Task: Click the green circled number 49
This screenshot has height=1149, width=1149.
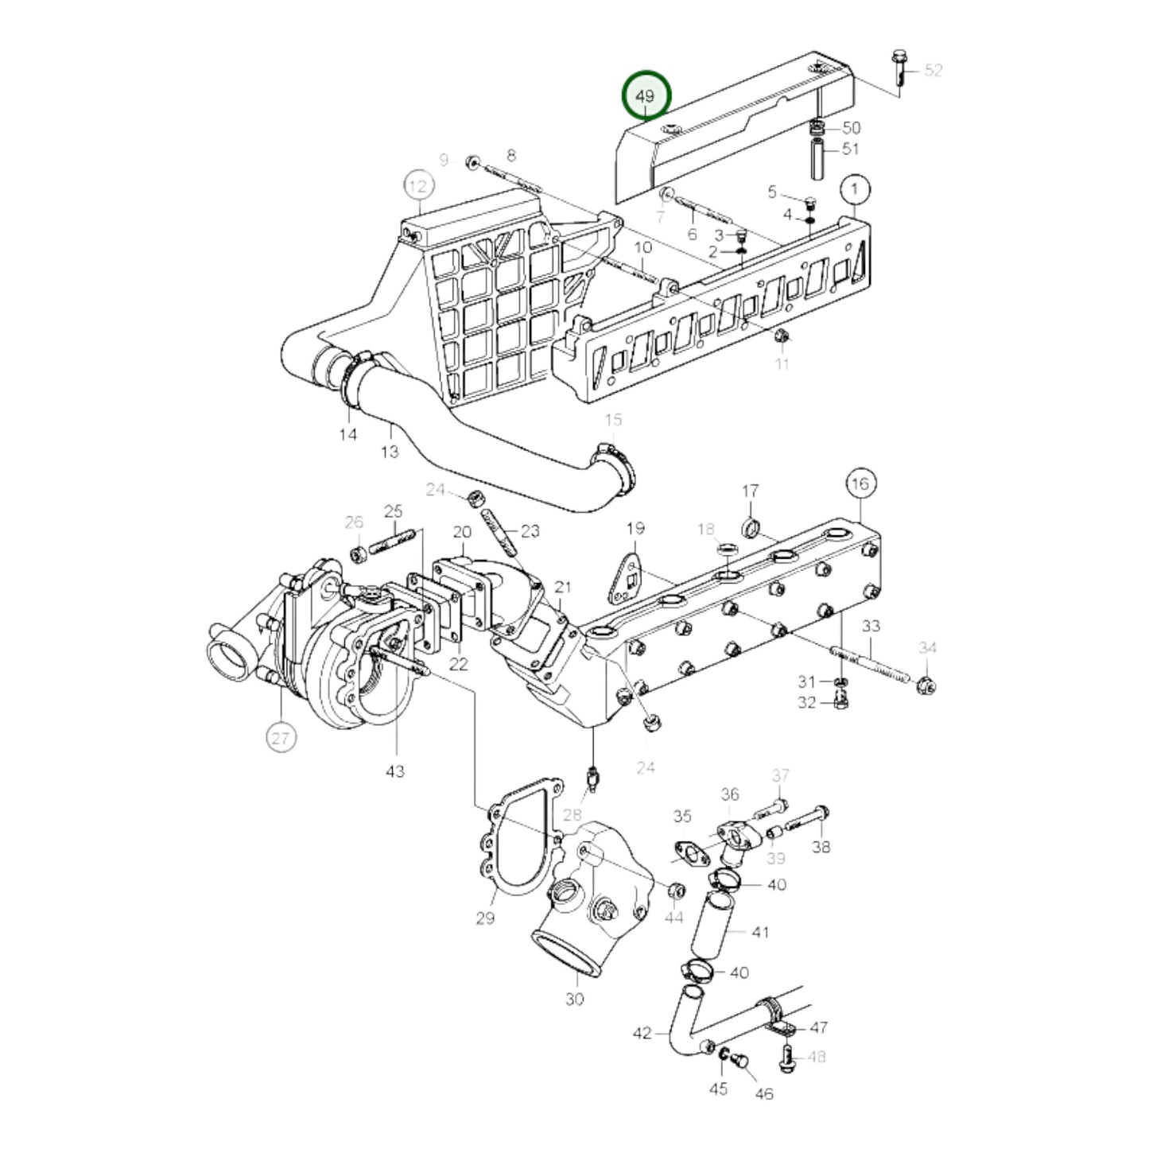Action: (646, 95)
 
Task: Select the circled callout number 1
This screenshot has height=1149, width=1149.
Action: (856, 190)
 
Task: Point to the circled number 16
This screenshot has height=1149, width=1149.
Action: (861, 483)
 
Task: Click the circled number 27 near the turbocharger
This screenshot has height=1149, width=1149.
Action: (280, 738)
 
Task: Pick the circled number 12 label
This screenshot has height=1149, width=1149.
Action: (418, 187)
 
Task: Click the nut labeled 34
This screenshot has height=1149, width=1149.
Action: (926, 683)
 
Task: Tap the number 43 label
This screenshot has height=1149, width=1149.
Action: (395, 771)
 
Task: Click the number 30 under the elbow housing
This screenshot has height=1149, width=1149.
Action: (574, 999)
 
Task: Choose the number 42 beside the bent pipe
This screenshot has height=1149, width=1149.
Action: (642, 1033)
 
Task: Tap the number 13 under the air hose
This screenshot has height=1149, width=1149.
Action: (389, 452)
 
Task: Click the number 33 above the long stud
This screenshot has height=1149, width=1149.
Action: (871, 626)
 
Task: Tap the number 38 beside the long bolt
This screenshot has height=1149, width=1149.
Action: (821, 847)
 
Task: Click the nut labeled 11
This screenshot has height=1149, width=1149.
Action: (782, 338)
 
